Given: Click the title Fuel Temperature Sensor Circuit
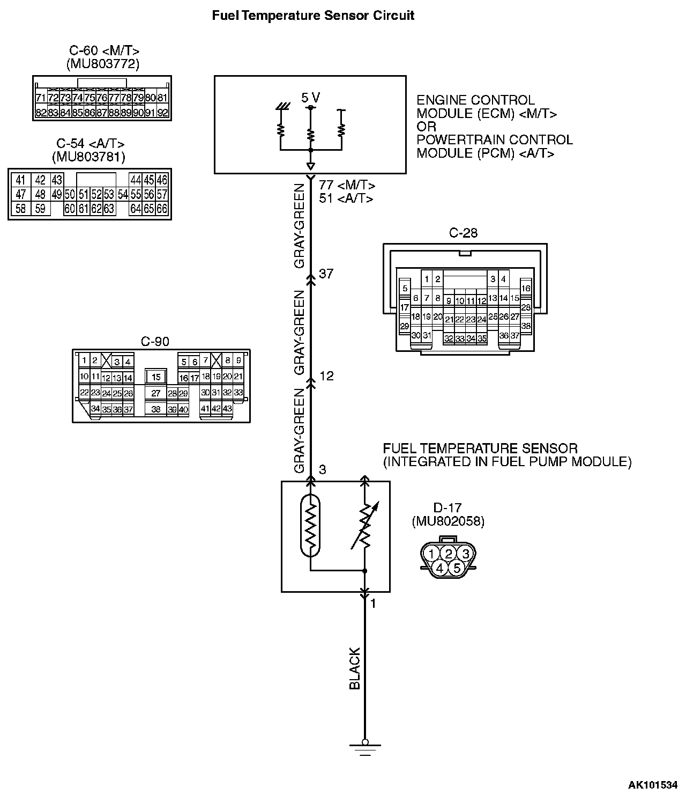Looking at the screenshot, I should pos(313,15).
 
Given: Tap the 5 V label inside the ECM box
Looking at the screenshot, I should pos(310,98).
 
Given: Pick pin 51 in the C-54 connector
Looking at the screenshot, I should pos(83,194).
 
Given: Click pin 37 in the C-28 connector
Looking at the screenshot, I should pos(514,335).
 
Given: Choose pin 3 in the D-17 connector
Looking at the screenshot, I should pos(466,554).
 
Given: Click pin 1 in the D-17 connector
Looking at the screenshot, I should pos(431,554).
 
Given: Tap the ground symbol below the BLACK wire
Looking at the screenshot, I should pos(365,747).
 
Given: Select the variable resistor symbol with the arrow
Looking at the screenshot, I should pos(365,526).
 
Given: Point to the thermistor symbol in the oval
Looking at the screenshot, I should pos(310,526).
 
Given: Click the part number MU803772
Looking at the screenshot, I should pos(103,64).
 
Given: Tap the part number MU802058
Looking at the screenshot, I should pos(448,521).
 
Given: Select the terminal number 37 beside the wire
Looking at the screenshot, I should pos(326,274).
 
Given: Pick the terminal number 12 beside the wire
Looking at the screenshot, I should pos(326,376).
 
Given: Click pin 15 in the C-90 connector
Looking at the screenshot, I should pos(156,378).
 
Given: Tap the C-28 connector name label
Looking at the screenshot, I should pos(463,233).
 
